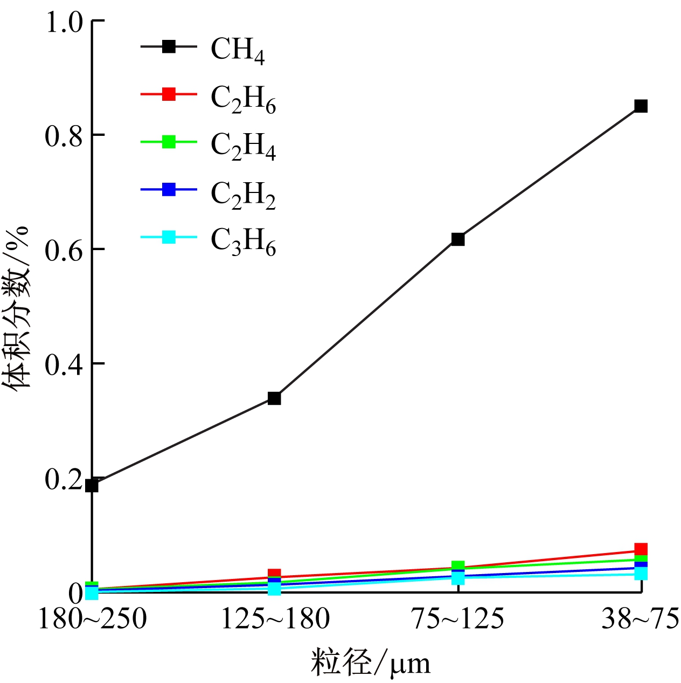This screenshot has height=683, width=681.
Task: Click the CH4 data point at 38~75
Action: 641,106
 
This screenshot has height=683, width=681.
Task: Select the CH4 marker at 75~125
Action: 458,239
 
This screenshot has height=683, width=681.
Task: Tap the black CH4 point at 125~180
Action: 274,398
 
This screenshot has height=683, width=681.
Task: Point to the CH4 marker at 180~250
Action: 92,486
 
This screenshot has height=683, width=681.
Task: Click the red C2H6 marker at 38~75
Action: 641,549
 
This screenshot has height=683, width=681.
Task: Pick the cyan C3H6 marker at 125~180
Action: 274,589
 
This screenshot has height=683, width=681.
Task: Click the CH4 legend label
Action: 238,50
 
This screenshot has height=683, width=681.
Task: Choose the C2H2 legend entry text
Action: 243,194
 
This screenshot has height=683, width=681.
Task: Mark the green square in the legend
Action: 169,142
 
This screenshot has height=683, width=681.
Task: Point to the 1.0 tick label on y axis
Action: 64,23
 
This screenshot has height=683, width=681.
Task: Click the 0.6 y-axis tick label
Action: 64,250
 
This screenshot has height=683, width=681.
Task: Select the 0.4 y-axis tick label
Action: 64,364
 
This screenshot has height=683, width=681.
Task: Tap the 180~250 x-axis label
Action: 92,619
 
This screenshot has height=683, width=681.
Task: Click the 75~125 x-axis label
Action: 458,619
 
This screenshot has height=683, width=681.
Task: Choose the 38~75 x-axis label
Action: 640,619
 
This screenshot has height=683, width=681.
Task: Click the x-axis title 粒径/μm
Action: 371,663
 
